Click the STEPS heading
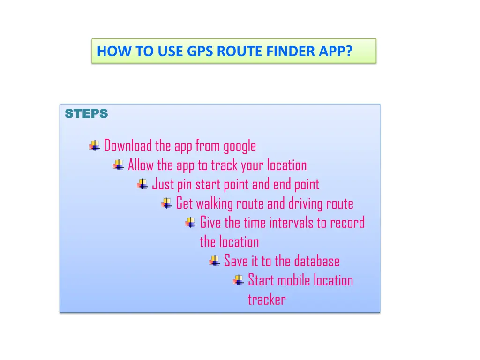click(86, 114)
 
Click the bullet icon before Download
click(95, 146)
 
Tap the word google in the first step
click(240, 147)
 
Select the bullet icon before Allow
click(119, 165)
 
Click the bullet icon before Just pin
click(142, 184)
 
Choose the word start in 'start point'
click(208, 185)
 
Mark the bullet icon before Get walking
click(166, 203)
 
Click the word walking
click(215, 204)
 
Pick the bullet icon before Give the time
click(190, 223)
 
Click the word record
click(347, 223)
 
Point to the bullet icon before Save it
click(214, 261)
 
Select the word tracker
click(266, 300)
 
